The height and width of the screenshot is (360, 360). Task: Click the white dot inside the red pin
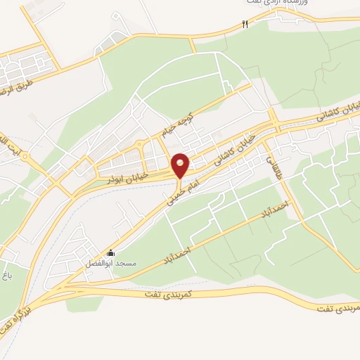point(181,164)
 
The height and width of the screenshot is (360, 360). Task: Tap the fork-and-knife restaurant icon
point(245,25)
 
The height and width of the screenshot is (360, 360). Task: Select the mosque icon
point(110,253)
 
